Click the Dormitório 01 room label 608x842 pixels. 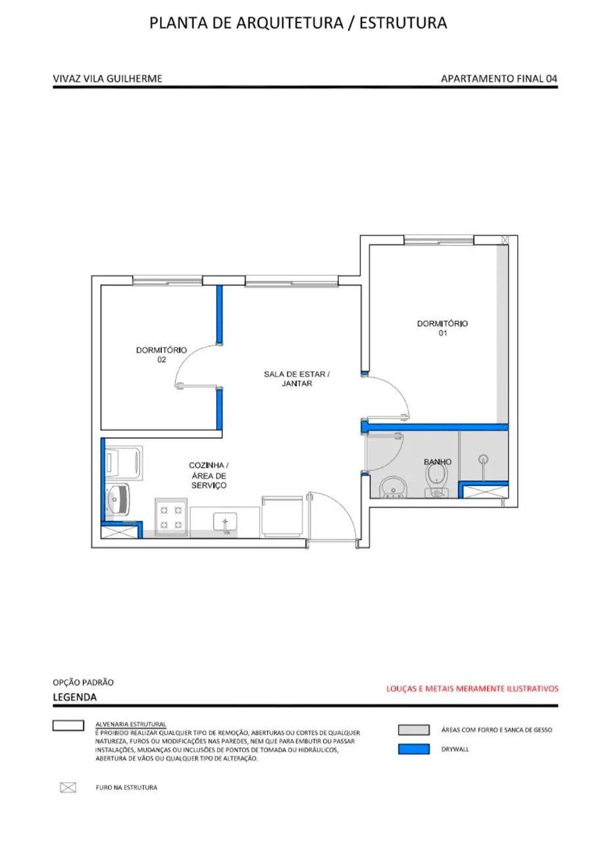coord(442,328)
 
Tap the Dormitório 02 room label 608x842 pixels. coord(161,355)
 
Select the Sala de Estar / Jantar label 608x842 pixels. coord(297,378)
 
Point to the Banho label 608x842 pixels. coord(438,462)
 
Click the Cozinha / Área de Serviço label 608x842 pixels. coord(209,475)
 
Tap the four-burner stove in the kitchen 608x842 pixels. coord(171,517)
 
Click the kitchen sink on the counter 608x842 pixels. coord(225,522)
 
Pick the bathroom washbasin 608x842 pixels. coord(393,487)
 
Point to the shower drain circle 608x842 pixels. coord(483,459)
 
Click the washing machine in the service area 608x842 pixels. coord(123,462)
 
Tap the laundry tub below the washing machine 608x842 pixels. coord(117,499)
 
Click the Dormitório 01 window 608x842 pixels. coord(439,240)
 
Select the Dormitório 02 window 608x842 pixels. coord(167,281)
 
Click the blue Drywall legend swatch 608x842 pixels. coord(414,749)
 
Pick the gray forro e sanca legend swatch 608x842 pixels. coord(414,730)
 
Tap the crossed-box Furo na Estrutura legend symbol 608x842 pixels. coord(68,787)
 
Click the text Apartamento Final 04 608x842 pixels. coord(499,78)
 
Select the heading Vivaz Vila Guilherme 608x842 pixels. coord(107,78)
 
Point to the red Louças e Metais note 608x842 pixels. coord(472,689)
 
